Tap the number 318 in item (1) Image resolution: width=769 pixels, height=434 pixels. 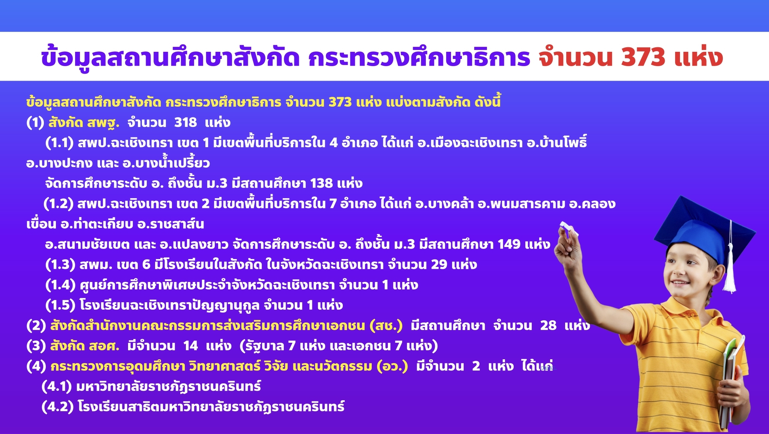[x=185, y=122]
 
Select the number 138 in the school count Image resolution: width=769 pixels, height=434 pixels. [x=321, y=183]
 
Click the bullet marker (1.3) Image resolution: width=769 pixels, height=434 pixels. [x=60, y=265]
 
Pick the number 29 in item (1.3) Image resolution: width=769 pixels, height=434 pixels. [x=439, y=265]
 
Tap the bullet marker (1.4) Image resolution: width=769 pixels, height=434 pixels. [x=60, y=285]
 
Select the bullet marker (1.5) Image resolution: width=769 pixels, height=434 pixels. [x=60, y=305]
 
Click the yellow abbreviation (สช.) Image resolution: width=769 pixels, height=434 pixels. [x=386, y=325]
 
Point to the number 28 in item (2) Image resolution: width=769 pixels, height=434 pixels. [x=548, y=325]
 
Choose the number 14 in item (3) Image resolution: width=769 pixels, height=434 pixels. [x=190, y=346]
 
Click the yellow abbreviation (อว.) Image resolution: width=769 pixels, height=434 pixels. [x=392, y=366]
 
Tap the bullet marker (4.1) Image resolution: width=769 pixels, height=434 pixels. [x=57, y=386]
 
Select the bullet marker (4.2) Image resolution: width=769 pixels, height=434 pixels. [x=57, y=407]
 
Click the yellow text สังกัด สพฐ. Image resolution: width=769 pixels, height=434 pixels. [x=84, y=122]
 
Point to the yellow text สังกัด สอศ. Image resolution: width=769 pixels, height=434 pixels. [x=85, y=346]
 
